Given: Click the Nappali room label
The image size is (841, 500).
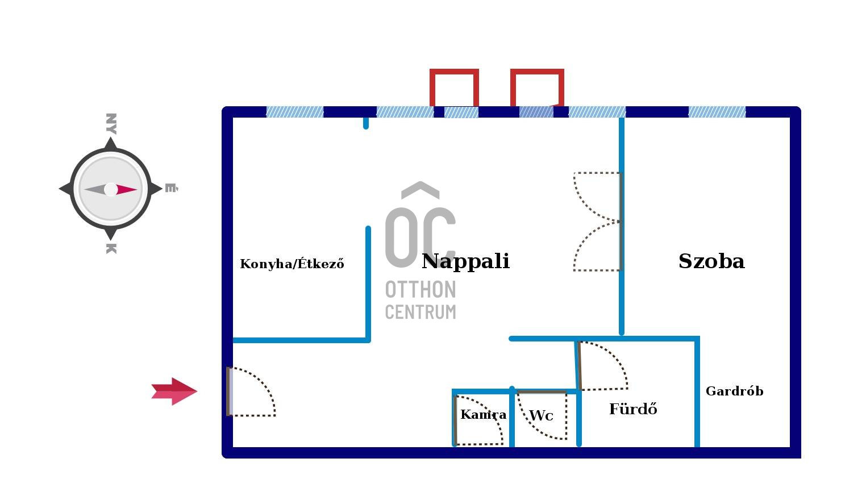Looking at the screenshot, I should (465, 261).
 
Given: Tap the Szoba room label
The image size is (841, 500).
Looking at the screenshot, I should (711, 261).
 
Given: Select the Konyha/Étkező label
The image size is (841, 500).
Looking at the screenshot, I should (292, 264).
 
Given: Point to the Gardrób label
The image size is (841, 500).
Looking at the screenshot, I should (734, 391).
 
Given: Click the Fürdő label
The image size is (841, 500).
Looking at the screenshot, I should (633, 409).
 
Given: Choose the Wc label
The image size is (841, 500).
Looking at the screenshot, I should (541, 415).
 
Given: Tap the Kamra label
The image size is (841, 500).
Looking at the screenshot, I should (483, 414).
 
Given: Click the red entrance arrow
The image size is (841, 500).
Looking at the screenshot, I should (174, 391).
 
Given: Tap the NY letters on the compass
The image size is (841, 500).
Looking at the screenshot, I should (111, 124).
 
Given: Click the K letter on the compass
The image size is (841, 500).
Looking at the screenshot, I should (111, 248).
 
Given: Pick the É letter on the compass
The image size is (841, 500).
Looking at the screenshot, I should (170, 188).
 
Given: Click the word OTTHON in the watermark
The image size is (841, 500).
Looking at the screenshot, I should (420, 290).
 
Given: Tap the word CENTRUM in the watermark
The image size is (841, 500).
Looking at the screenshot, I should (420, 312).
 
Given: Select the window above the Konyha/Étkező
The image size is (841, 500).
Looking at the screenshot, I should (295, 112).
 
